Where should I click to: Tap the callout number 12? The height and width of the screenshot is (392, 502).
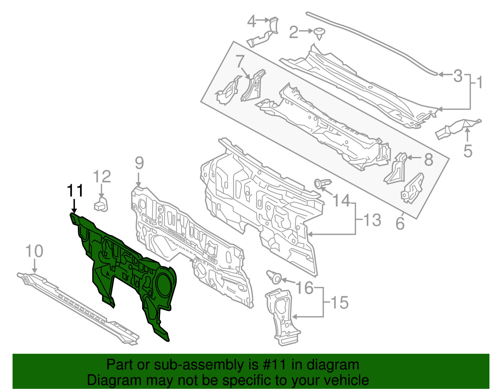[x=102, y=177]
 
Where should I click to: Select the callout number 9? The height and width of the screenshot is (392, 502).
[x=139, y=163]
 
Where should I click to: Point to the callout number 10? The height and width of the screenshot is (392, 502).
[x=34, y=251]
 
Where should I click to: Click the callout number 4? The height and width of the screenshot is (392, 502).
[x=251, y=22]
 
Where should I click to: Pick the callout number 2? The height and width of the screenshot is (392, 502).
[x=293, y=32]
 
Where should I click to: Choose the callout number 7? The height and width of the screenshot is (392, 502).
[x=240, y=62]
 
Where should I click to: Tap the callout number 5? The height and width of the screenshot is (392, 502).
[x=467, y=151]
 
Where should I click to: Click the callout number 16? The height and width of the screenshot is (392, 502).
[x=305, y=287]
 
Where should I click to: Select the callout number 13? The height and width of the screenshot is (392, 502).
[x=372, y=220]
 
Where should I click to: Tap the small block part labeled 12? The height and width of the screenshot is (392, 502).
[x=101, y=205]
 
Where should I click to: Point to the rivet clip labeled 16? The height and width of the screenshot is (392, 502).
[x=274, y=277]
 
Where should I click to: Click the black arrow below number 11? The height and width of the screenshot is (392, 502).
[x=74, y=206]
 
